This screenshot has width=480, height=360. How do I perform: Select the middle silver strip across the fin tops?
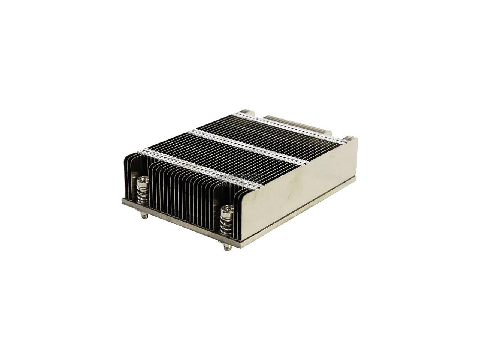click(x=247, y=148)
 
